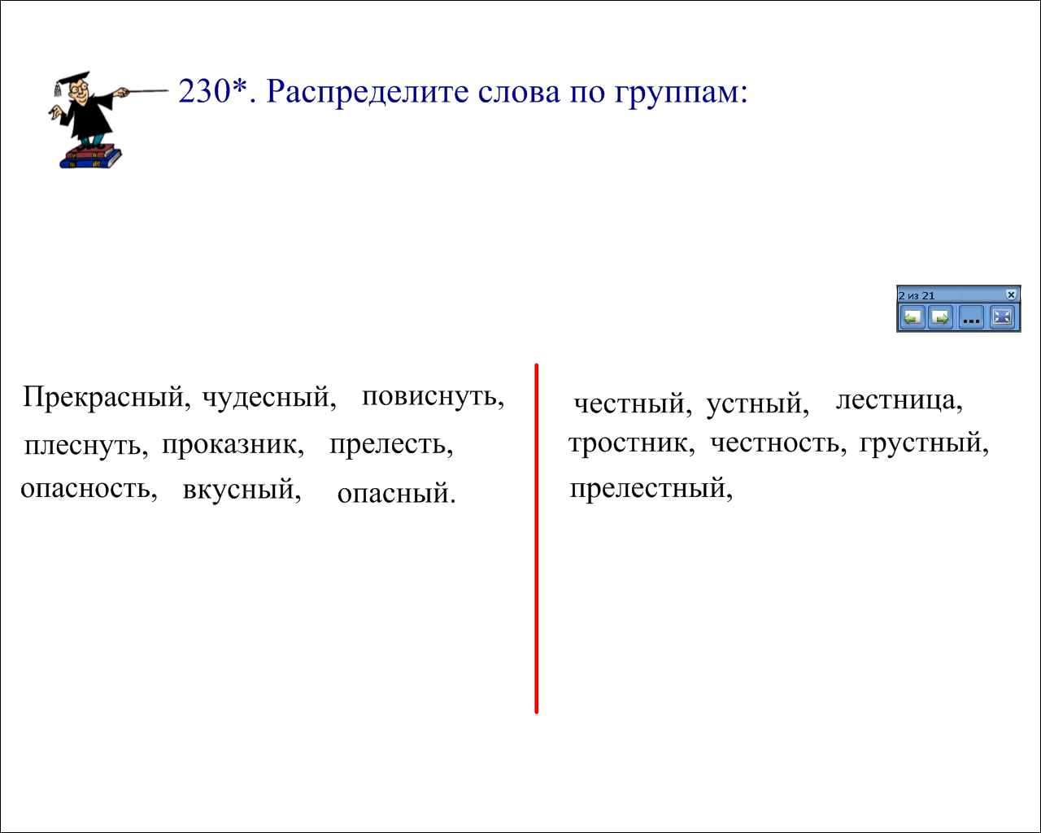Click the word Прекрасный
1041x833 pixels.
point(103,398)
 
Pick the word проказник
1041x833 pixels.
point(230,444)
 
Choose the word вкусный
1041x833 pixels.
point(239,489)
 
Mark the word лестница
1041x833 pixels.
point(896,399)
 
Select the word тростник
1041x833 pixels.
point(629,443)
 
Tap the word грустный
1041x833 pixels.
point(921,443)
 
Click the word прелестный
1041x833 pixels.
point(647,488)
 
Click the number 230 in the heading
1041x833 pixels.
point(205,91)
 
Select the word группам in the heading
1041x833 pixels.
point(677,93)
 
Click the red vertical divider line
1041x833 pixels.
point(537,539)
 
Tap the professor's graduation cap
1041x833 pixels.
point(72,80)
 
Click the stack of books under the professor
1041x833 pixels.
point(91,156)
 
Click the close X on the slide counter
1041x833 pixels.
point(1011,294)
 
